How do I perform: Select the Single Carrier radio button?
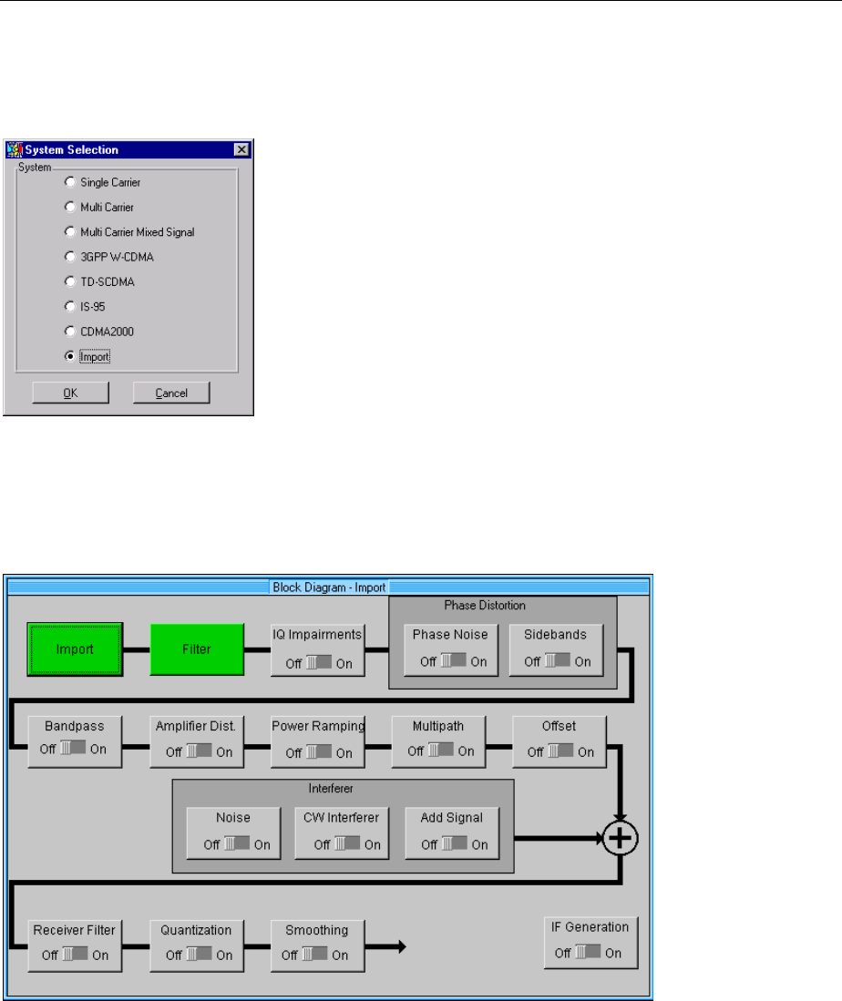[70, 182]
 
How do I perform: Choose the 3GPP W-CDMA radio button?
[70, 257]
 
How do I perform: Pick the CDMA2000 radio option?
[70, 332]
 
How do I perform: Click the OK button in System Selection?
[70, 393]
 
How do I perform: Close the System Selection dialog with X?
[241, 150]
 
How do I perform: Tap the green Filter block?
[197, 650]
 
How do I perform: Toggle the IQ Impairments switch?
[319, 663]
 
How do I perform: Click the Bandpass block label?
[74, 727]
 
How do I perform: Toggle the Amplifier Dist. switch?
[197, 752]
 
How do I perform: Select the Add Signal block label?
[452, 818]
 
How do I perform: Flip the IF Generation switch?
[587, 953]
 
